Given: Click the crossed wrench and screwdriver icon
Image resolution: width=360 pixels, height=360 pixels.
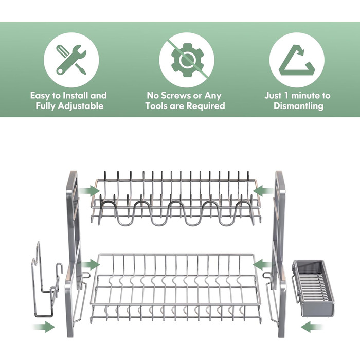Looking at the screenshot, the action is pos(71,60).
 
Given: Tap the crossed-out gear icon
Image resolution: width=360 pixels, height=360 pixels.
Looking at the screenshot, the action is pos(187,60).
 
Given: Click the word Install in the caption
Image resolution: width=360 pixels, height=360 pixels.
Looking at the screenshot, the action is pos(75,95).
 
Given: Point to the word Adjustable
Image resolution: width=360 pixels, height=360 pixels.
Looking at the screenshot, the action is pos(81,106).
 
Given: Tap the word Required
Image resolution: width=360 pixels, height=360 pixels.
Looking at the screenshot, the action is pos(206,106).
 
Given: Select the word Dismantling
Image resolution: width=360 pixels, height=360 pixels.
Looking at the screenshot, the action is pos(298,106).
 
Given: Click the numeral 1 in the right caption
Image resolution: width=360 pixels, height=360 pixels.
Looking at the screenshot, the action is pos(286,95).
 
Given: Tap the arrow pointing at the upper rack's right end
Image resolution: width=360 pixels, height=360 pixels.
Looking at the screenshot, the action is pos(263,191).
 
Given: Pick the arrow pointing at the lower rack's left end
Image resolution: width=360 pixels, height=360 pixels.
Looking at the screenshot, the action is pos(90,264).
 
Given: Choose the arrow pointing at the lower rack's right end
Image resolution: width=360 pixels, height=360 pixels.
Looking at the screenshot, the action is pos(263,264).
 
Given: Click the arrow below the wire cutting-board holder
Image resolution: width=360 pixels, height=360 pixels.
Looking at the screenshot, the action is pos(44,327).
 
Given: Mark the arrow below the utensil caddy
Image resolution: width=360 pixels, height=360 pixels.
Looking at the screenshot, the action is pos(312,327).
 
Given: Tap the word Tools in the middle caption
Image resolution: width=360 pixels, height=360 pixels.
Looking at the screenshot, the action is pos(156,106).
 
